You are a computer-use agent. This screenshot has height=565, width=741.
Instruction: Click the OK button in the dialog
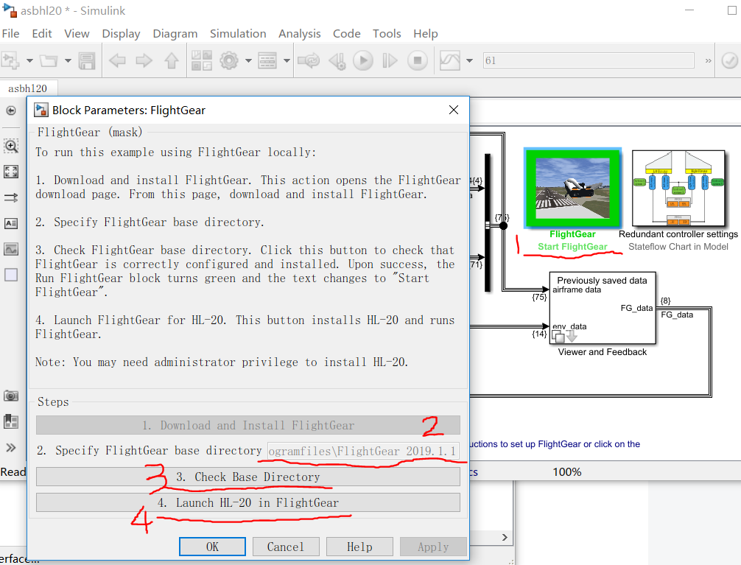[x=212, y=547]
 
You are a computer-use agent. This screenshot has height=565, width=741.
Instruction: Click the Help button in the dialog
[x=359, y=547]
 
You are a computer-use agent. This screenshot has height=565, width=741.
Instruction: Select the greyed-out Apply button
[x=433, y=547]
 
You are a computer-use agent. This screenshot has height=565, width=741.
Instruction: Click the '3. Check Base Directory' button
[x=247, y=477]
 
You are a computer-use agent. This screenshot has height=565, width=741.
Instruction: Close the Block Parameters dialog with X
[x=454, y=110]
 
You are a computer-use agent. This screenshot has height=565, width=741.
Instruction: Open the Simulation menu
[x=238, y=33]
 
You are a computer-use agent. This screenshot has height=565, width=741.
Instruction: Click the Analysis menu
[x=300, y=33]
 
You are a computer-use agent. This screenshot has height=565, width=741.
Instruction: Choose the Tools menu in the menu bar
[x=387, y=33]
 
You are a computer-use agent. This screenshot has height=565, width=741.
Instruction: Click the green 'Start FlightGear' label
[x=572, y=247]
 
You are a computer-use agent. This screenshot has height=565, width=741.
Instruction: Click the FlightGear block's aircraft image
[x=572, y=188]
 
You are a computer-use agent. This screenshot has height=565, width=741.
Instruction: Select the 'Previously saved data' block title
[x=602, y=280]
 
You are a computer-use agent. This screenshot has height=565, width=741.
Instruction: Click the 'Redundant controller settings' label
[x=678, y=234]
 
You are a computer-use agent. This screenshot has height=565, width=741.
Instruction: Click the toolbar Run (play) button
[x=362, y=60]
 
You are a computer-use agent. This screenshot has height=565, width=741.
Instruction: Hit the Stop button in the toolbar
[x=417, y=60]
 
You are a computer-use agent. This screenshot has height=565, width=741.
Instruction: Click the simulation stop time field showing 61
[x=589, y=60]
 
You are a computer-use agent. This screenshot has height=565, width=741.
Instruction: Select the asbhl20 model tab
[x=27, y=88]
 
